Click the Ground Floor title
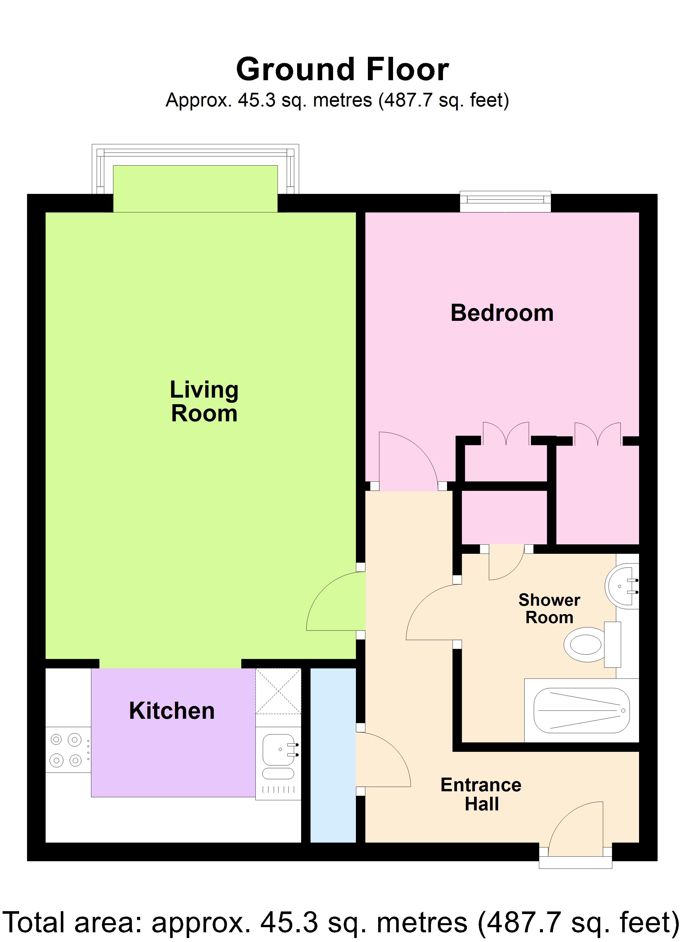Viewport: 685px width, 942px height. pos(342,69)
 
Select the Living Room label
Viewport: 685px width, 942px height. pos(204,401)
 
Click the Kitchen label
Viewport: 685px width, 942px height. pos(172,711)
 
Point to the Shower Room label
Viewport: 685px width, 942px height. pos(549,609)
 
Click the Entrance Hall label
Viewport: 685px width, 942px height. pos(481,794)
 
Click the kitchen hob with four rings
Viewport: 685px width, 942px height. pos(67,750)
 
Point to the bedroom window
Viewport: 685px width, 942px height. pos(505,202)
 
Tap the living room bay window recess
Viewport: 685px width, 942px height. pos(195,189)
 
